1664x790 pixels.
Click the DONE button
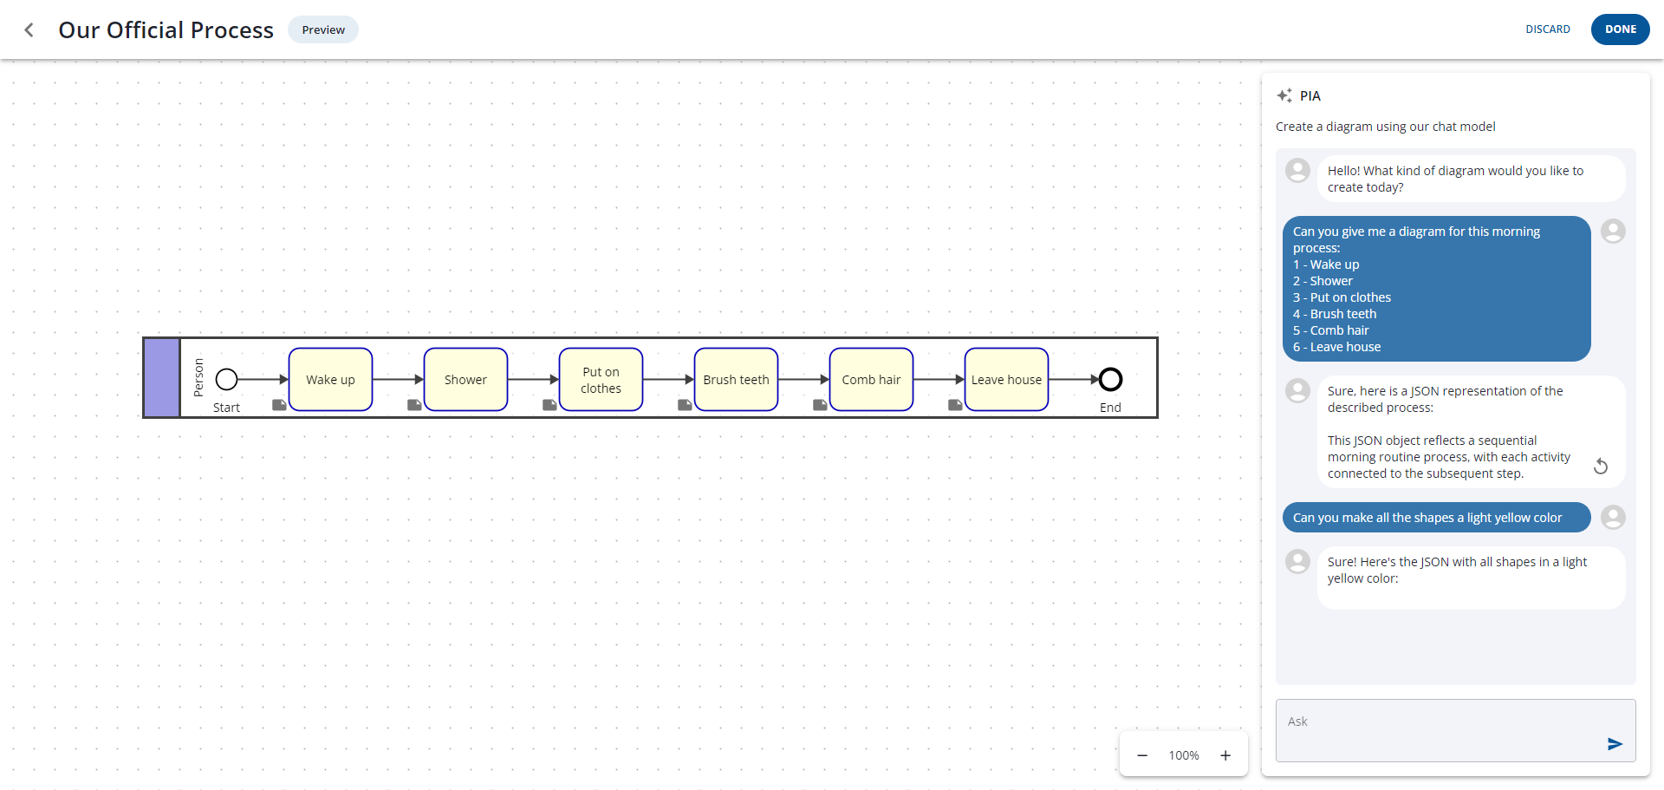tap(1620, 29)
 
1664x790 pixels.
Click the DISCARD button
tap(1547, 29)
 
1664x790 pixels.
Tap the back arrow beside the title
tap(29, 30)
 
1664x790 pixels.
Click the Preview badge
tap(323, 30)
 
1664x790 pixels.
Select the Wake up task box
tap(330, 380)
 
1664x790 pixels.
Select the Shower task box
tap(465, 380)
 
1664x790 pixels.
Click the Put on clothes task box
tap(601, 380)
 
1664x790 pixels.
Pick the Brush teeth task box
tap(736, 380)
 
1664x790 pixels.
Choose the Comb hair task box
tap(871, 380)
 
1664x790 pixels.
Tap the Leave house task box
tap(1006, 380)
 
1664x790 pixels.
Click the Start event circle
tap(227, 379)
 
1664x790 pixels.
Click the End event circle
tap(1110, 379)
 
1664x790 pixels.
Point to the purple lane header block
tap(161, 378)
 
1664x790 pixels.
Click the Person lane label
tap(198, 378)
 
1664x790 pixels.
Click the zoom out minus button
tap(1142, 755)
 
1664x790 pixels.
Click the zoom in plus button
tap(1225, 755)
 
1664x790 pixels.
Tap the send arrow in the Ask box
tap(1615, 744)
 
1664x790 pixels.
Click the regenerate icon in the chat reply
tap(1601, 467)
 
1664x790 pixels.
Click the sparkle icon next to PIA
tap(1284, 95)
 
